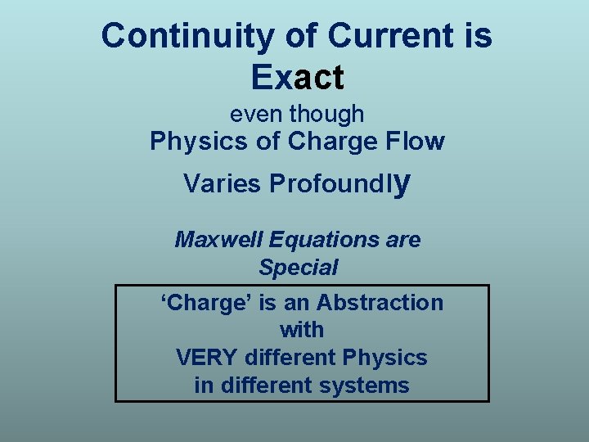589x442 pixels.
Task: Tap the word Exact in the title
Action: pos(298,77)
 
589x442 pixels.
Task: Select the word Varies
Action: pos(218,184)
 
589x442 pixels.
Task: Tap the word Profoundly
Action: pos(338,184)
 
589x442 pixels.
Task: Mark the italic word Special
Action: pos(298,267)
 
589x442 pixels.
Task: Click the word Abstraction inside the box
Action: pos(380,303)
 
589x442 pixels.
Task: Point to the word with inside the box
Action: pos(301,330)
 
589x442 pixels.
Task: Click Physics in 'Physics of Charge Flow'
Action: pos(199,142)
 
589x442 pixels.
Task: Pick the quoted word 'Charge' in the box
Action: pos(206,303)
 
